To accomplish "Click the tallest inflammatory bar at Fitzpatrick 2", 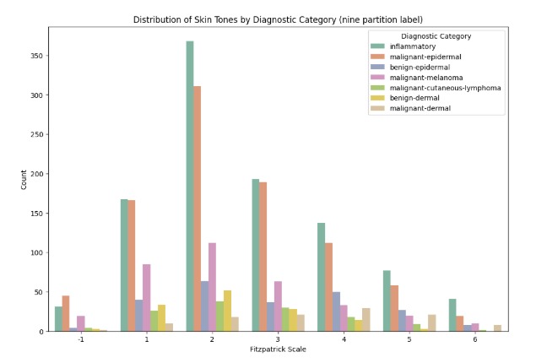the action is [190, 186].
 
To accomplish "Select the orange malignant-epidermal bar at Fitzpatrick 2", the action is [197, 209].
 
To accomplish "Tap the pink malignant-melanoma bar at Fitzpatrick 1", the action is [147, 298].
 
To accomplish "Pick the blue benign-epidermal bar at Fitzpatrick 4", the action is [336, 312].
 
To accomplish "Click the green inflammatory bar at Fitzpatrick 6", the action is [452, 315].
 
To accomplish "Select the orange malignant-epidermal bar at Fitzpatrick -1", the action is [66, 313].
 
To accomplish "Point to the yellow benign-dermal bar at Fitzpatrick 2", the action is [227, 311].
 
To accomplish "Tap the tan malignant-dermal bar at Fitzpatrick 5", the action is [432, 322].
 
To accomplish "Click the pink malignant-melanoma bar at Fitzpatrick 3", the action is [278, 306].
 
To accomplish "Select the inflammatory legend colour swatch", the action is [377, 46].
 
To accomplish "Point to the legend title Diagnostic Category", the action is [436, 36].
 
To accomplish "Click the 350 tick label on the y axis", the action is [37, 56].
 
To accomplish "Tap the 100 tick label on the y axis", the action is [37, 252].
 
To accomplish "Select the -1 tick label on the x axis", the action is [80, 339].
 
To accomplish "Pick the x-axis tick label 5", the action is [409, 339].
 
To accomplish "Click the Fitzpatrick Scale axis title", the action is [278, 349].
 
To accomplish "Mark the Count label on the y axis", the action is [24, 180].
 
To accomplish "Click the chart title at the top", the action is [278, 19].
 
